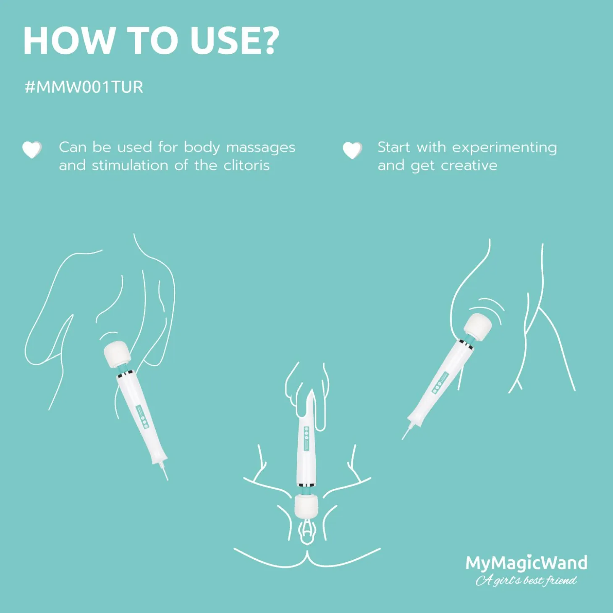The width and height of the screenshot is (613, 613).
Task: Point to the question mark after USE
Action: [x=267, y=42]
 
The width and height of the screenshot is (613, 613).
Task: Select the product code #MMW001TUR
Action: [x=84, y=87]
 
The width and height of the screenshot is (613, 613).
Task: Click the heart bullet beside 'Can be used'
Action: [x=32, y=149]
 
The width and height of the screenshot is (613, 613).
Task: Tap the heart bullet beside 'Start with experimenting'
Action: [x=352, y=150]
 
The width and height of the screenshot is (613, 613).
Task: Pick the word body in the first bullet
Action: [x=202, y=148]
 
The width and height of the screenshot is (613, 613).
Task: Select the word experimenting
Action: [x=505, y=148]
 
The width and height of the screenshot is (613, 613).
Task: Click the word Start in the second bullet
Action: [x=394, y=148]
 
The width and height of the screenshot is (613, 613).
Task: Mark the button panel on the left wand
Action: [x=142, y=415]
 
